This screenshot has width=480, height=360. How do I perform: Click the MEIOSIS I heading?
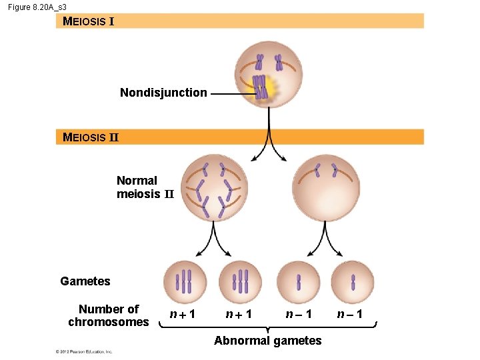click(88, 21)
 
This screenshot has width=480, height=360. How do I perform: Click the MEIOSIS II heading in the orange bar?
click(90, 137)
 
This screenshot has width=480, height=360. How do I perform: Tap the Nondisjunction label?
click(163, 93)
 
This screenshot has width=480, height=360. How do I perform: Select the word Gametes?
click(85, 281)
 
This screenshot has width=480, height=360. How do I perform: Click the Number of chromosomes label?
click(109, 315)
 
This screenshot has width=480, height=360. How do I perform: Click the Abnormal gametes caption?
click(267, 341)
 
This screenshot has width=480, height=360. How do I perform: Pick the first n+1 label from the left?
click(182, 314)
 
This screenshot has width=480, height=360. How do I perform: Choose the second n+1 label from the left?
click(239, 314)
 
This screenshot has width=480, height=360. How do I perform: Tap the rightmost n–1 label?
click(349, 314)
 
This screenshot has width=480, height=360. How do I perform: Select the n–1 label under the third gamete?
click(299, 314)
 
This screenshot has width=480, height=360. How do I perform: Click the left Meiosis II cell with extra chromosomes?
click(214, 188)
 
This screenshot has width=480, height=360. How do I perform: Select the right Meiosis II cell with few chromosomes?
click(325, 188)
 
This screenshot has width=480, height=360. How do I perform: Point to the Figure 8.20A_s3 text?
click(37, 6)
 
